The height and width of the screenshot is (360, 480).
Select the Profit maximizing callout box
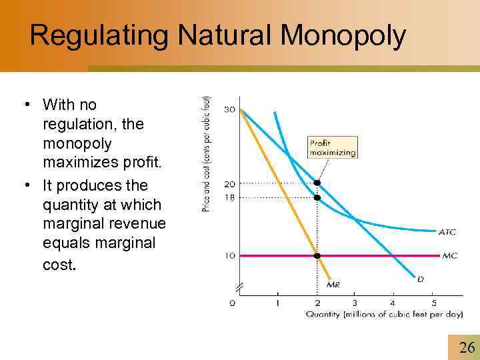tap(333, 147)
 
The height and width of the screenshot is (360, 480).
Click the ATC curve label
tap(447, 232)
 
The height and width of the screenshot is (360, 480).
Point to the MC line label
tap(449, 255)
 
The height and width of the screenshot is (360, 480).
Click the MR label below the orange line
tap(333, 285)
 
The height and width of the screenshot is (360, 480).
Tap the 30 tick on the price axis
tap(229, 109)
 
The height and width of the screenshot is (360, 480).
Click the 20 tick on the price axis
tap(229, 183)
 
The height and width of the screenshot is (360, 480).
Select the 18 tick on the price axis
tap(229, 197)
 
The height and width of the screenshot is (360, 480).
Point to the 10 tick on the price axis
tap(229, 255)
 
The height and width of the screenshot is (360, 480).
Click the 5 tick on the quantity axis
tap(433, 303)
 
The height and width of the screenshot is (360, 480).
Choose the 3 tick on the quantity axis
tap(355, 303)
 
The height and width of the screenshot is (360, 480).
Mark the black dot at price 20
tap(317, 183)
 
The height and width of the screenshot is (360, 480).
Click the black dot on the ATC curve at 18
tap(317, 197)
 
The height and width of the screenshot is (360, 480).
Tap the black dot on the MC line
tap(317, 255)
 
